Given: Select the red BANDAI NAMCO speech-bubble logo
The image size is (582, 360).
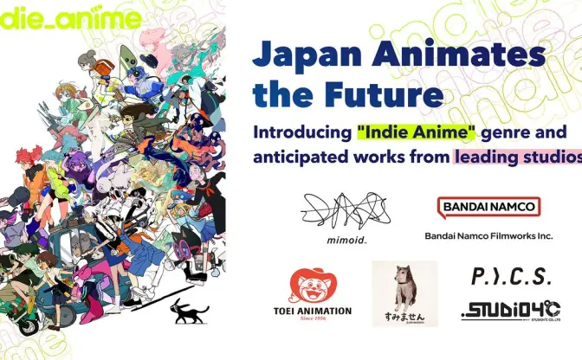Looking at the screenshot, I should (488, 208).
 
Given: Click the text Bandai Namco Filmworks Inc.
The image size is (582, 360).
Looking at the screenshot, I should (488, 235).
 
